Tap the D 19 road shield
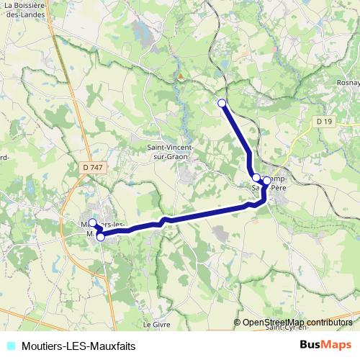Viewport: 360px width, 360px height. tap(325, 122)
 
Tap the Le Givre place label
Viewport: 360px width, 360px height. tap(156, 325)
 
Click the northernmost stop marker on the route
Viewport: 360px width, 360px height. tap(222, 103)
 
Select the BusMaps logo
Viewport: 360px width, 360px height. tap(325, 345)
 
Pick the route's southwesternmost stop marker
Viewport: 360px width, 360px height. tap(101, 237)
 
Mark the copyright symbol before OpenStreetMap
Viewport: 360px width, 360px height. tap(238, 322)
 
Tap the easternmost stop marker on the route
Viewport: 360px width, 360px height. tap(267, 181)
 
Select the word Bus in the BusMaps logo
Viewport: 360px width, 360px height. tap(310, 345)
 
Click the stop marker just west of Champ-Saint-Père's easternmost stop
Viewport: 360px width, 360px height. tap(256, 177)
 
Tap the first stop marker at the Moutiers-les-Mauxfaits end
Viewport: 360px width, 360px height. tap(93, 222)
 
